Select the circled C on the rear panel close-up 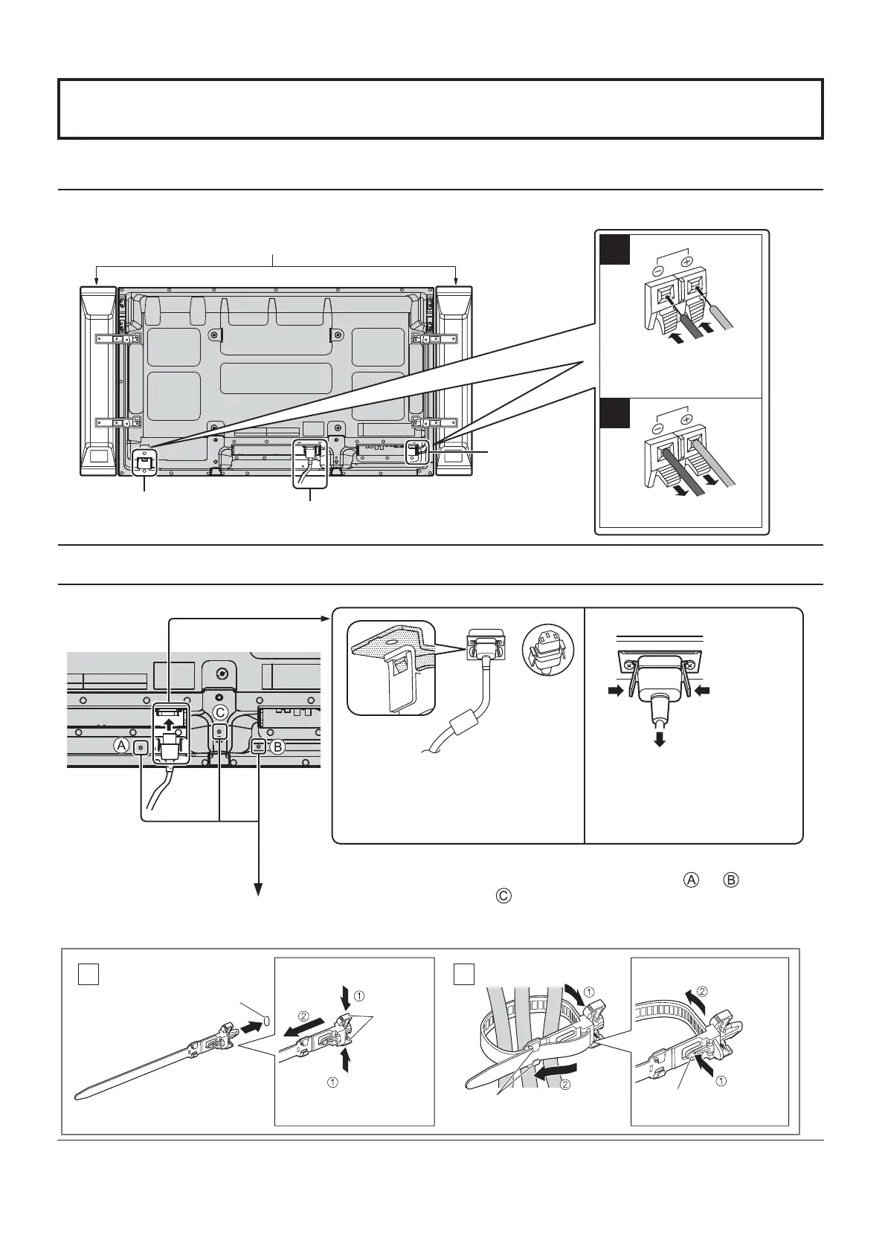tap(219, 712)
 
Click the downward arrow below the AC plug tap(659, 739)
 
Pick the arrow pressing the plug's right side tap(702, 691)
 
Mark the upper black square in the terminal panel tap(615, 250)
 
